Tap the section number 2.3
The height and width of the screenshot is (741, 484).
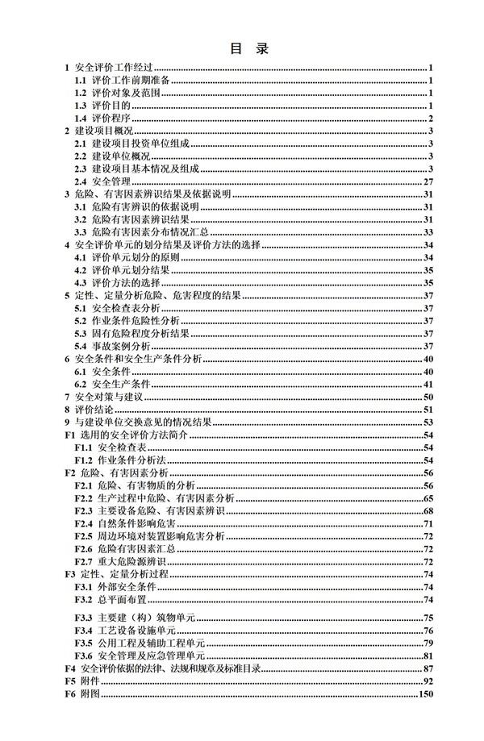80,169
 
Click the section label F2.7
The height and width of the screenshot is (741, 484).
83,561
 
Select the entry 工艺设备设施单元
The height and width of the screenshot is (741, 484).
137,630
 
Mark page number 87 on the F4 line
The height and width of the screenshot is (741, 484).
429,668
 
